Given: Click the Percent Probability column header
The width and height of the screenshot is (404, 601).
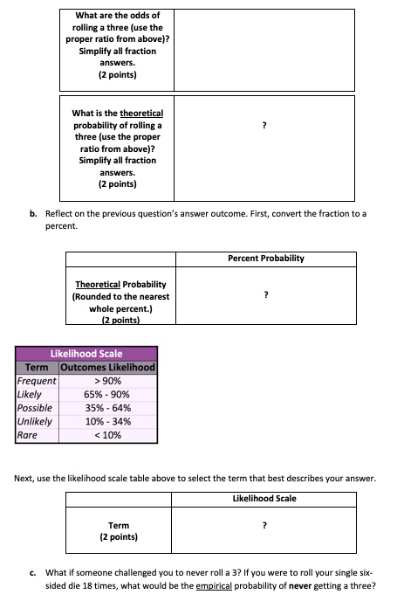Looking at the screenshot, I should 266,259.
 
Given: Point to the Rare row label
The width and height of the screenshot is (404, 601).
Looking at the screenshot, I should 28,433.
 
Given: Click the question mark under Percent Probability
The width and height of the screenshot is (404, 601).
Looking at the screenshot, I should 265,296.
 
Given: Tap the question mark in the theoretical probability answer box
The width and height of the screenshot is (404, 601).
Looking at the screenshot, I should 265,127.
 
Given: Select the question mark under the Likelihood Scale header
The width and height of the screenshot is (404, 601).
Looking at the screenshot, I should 265,526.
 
